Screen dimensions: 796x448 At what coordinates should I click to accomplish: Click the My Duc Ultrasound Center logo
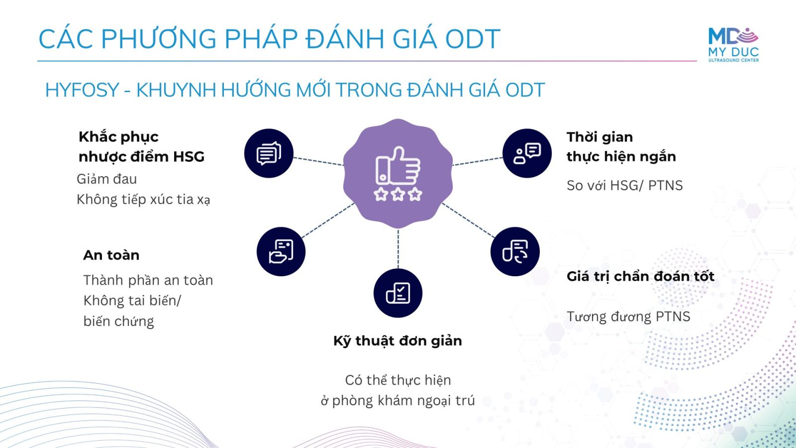[x=733, y=45]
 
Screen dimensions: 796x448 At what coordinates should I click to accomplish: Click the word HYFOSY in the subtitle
[x=82, y=90]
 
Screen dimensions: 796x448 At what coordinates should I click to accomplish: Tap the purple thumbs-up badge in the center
[x=398, y=174]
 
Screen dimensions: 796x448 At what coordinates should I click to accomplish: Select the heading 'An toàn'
[x=111, y=255]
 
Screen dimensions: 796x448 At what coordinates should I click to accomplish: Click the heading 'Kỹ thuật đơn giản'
[x=398, y=341]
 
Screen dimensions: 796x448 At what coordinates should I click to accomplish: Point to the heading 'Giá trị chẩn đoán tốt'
[x=640, y=276]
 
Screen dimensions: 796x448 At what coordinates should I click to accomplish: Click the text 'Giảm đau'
[x=106, y=179]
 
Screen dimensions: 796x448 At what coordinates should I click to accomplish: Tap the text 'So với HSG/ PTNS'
[x=625, y=185]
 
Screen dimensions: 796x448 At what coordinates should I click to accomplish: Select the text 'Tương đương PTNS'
[x=628, y=317]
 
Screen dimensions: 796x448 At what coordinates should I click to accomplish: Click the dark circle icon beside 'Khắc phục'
[x=269, y=153]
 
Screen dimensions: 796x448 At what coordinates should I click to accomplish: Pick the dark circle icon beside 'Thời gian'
[x=527, y=153]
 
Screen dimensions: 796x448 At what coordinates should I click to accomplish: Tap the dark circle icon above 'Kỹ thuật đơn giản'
[x=398, y=293]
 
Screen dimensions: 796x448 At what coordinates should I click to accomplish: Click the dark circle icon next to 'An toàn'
[x=281, y=251]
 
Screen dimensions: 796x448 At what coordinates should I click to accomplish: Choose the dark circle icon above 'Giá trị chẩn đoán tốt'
[x=515, y=251]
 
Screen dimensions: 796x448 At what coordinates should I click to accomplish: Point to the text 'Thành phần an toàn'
[x=148, y=280]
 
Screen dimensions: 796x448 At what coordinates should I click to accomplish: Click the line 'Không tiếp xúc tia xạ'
[x=143, y=200]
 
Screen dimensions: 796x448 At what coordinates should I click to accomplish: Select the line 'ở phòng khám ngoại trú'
[x=398, y=401]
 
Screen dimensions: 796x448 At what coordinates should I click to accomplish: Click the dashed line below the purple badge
[x=398, y=249]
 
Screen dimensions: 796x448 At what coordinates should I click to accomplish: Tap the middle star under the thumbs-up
[x=398, y=194]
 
